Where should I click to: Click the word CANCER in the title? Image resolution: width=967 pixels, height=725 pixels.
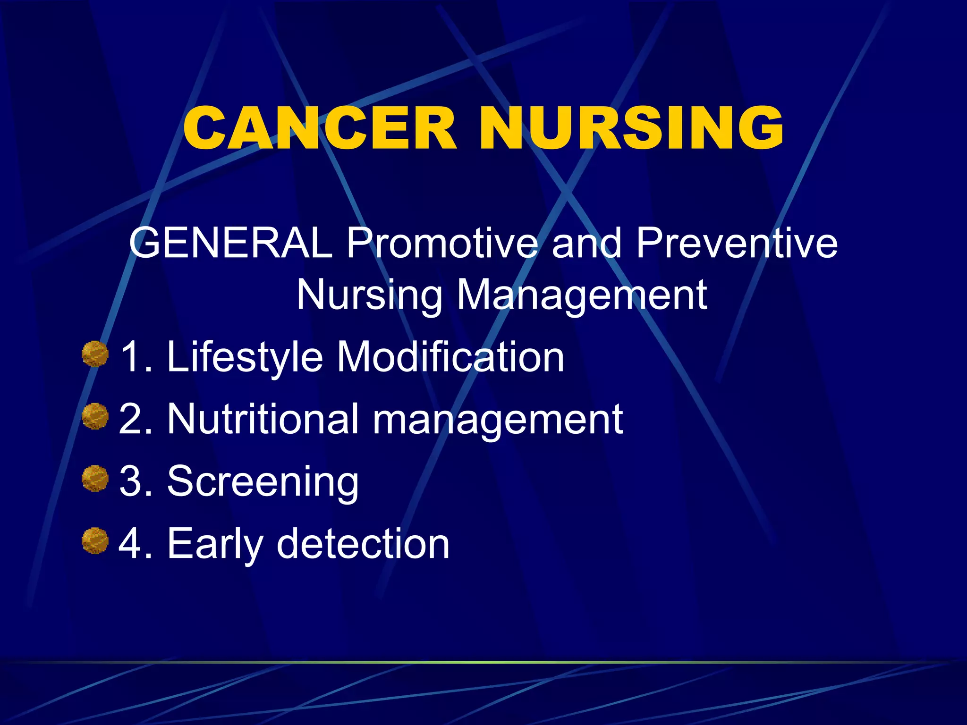(320, 128)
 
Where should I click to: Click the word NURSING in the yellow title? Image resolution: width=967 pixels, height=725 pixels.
(631, 128)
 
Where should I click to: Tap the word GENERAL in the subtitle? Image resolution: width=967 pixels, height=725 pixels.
(231, 243)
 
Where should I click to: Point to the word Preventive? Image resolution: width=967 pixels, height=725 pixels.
(737, 243)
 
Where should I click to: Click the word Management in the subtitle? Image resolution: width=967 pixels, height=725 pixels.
(582, 295)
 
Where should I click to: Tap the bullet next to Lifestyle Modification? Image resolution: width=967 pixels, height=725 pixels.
(95, 354)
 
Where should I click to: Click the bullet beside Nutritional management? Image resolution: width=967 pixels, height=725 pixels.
(95, 416)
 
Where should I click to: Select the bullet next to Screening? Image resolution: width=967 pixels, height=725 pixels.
(95, 479)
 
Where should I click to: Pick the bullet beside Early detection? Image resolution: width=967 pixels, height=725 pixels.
(95, 541)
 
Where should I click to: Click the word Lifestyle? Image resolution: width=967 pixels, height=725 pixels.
(245, 358)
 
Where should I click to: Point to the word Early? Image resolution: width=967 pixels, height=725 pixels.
(215, 545)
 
